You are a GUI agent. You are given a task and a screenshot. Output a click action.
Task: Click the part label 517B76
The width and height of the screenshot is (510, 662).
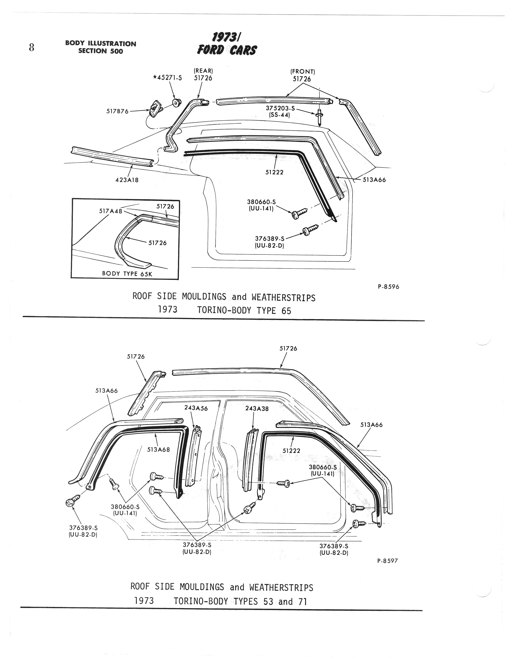[x=117, y=111]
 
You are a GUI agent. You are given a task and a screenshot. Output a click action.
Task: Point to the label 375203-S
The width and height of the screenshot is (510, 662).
[x=280, y=108]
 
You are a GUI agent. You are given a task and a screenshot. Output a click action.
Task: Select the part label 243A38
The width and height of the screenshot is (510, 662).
[x=257, y=408]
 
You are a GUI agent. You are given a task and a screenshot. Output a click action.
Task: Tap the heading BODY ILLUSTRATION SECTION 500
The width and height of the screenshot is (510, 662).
[x=101, y=47]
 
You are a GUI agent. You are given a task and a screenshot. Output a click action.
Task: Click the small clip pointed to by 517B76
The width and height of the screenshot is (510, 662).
[x=156, y=106]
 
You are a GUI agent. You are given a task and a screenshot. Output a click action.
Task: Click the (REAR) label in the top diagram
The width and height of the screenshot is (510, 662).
[x=203, y=71]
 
